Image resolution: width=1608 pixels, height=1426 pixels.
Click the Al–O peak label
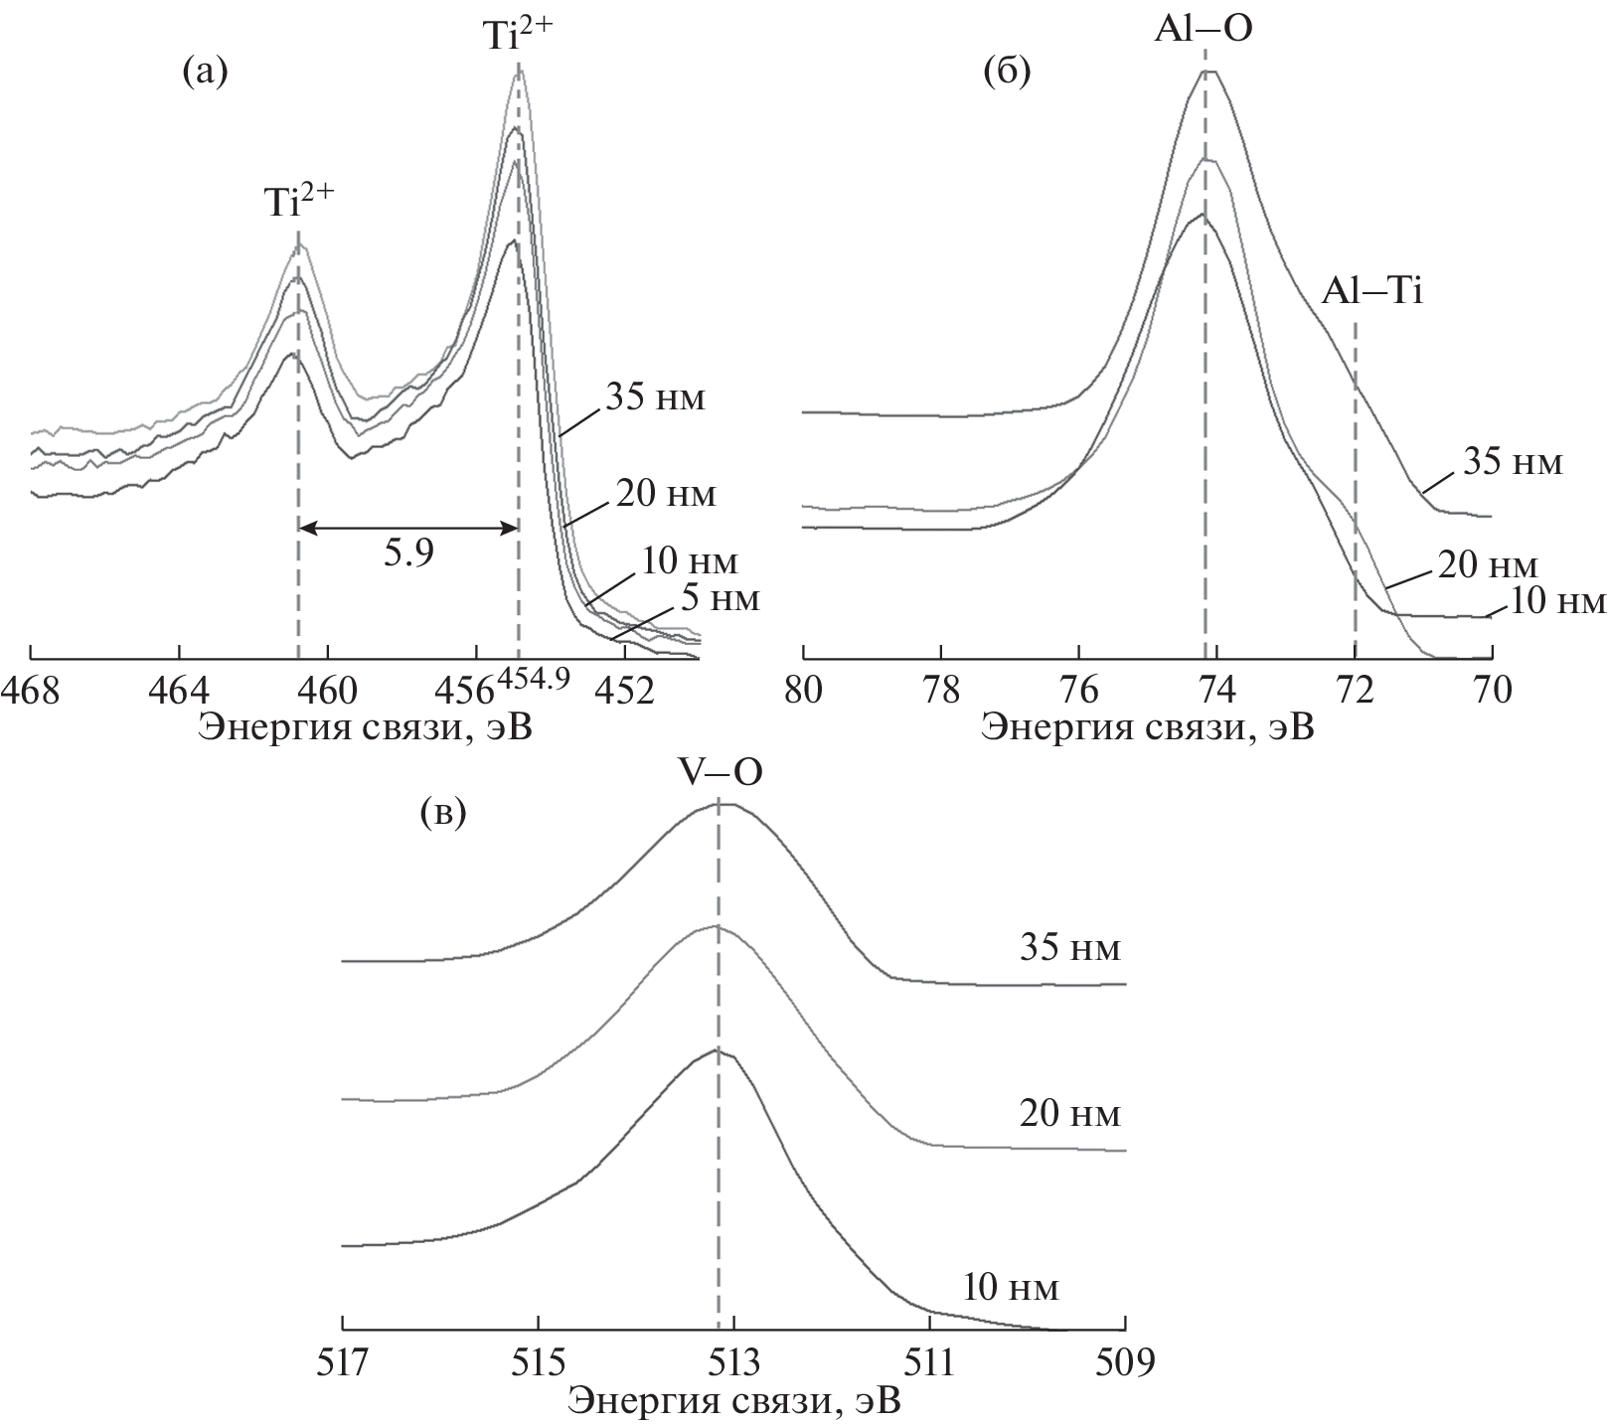(1203, 30)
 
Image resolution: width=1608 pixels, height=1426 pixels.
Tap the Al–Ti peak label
(1371, 292)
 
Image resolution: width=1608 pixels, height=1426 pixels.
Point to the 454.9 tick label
(533, 678)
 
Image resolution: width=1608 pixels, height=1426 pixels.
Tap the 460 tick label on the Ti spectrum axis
(327, 689)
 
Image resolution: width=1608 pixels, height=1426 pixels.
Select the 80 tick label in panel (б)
(803, 689)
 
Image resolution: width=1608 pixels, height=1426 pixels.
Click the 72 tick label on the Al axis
(1355, 689)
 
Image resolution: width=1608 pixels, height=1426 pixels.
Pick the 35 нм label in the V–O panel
(1069, 948)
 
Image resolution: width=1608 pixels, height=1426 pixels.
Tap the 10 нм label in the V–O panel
(1010, 1289)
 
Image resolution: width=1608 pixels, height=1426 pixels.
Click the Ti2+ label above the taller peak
(518, 36)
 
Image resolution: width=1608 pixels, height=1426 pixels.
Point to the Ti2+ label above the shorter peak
(298, 202)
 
